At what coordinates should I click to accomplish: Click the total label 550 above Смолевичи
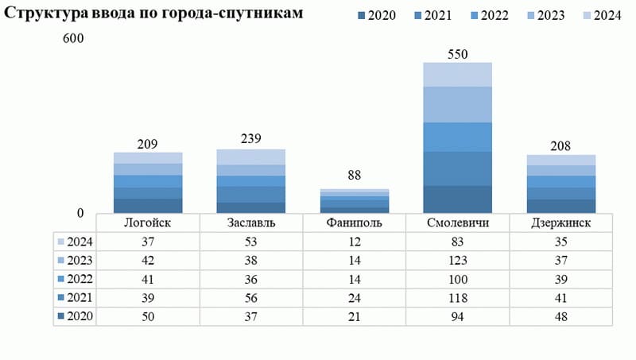[x=457, y=54]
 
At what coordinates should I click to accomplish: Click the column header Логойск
[x=148, y=223]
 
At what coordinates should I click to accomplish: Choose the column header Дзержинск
[x=561, y=223]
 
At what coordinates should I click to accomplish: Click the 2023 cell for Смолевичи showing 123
[x=457, y=260]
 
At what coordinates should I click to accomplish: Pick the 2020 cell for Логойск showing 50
[x=148, y=317]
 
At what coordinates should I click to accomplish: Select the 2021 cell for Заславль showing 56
[x=251, y=298]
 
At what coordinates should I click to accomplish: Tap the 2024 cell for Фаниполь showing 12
[x=355, y=241]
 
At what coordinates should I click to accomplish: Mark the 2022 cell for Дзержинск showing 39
[x=561, y=279]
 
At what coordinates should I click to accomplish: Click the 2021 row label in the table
[x=79, y=298]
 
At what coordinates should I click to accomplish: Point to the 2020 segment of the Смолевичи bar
[x=457, y=199]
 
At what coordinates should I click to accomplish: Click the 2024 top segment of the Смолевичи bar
[x=457, y=74]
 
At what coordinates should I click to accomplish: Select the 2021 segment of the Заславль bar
[x=251, y=194]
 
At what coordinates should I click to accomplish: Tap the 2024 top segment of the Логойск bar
[x=148, y=157]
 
